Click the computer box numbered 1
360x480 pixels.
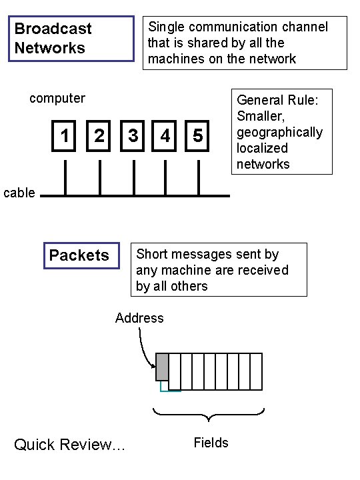coord(65,136)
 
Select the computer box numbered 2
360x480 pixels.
coord(99,136)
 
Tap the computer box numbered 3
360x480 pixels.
coord(133,136)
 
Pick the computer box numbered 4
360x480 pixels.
coord(165,136)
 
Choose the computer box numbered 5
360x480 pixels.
coord(198,136)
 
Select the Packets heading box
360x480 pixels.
coord(80,255)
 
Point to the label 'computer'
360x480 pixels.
coord(57,99)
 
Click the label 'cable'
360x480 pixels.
coord(19,193)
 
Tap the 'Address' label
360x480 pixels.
coord(139,318)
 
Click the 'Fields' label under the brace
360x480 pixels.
coord(211,443)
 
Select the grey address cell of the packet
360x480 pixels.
coord(162,367)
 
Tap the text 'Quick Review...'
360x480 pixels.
coord(69,445)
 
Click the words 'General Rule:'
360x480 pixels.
coord(277,100)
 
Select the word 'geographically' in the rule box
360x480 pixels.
coord(279,132)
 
